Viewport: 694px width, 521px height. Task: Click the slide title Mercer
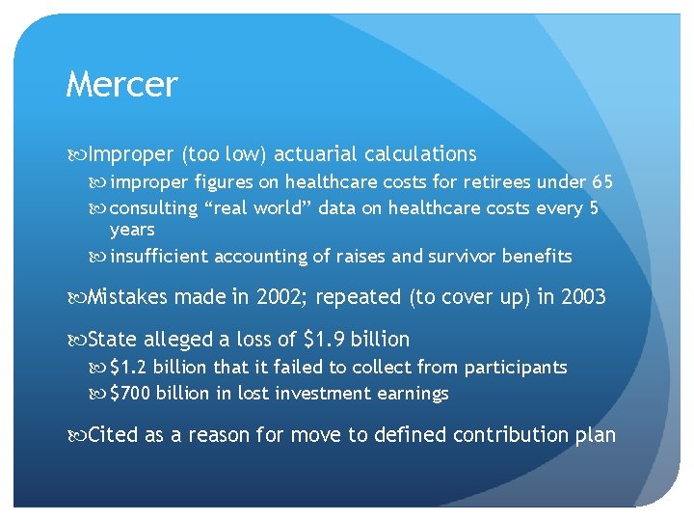[121, 85]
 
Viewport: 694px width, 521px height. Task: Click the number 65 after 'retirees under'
[602, 182]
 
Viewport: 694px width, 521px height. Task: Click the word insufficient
[159, 257]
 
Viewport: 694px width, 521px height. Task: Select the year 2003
[583, 297]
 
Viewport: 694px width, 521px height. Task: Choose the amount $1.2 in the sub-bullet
[129, 368]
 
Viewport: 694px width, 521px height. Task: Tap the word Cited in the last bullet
[114, 435]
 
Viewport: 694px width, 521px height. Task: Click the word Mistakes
[128, 297]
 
